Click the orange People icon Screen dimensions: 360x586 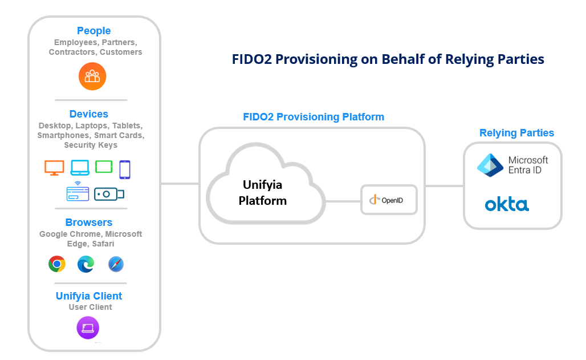92,76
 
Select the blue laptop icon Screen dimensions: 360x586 80,168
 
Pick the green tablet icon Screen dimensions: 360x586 104,167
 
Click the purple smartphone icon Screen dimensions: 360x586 125,169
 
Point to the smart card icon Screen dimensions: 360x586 77,193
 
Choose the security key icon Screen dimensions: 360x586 109,194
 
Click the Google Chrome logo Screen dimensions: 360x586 57,264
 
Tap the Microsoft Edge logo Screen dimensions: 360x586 86,264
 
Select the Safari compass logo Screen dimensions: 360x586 116,264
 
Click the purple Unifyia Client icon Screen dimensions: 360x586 88,328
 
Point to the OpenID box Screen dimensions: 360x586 389,200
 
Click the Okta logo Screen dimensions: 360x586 507,204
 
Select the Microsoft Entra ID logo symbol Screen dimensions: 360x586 490,165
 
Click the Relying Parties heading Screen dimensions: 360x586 516,133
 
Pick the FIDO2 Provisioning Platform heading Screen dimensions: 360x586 314,117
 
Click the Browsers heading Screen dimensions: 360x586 89,223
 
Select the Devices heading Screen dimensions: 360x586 89,114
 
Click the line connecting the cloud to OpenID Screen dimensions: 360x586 342,201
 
